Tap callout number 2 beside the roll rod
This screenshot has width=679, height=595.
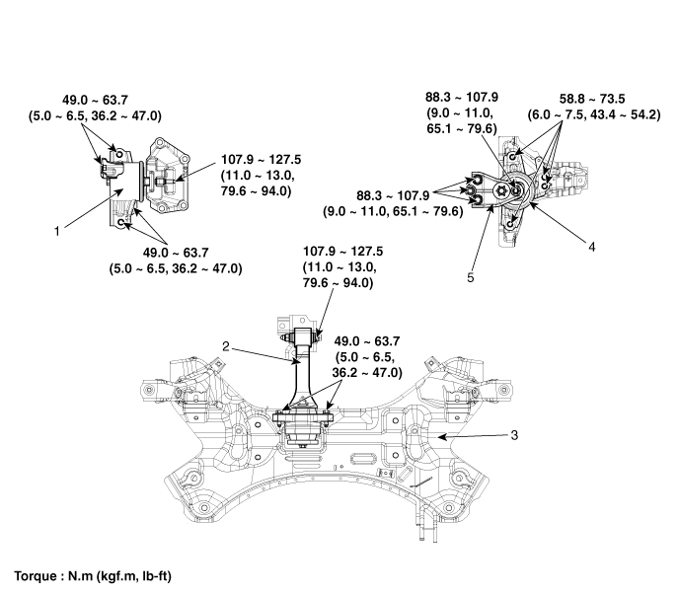tap(227, 346)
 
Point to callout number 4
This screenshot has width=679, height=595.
tap(591, 250)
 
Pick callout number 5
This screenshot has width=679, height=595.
tap(472, 278)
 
